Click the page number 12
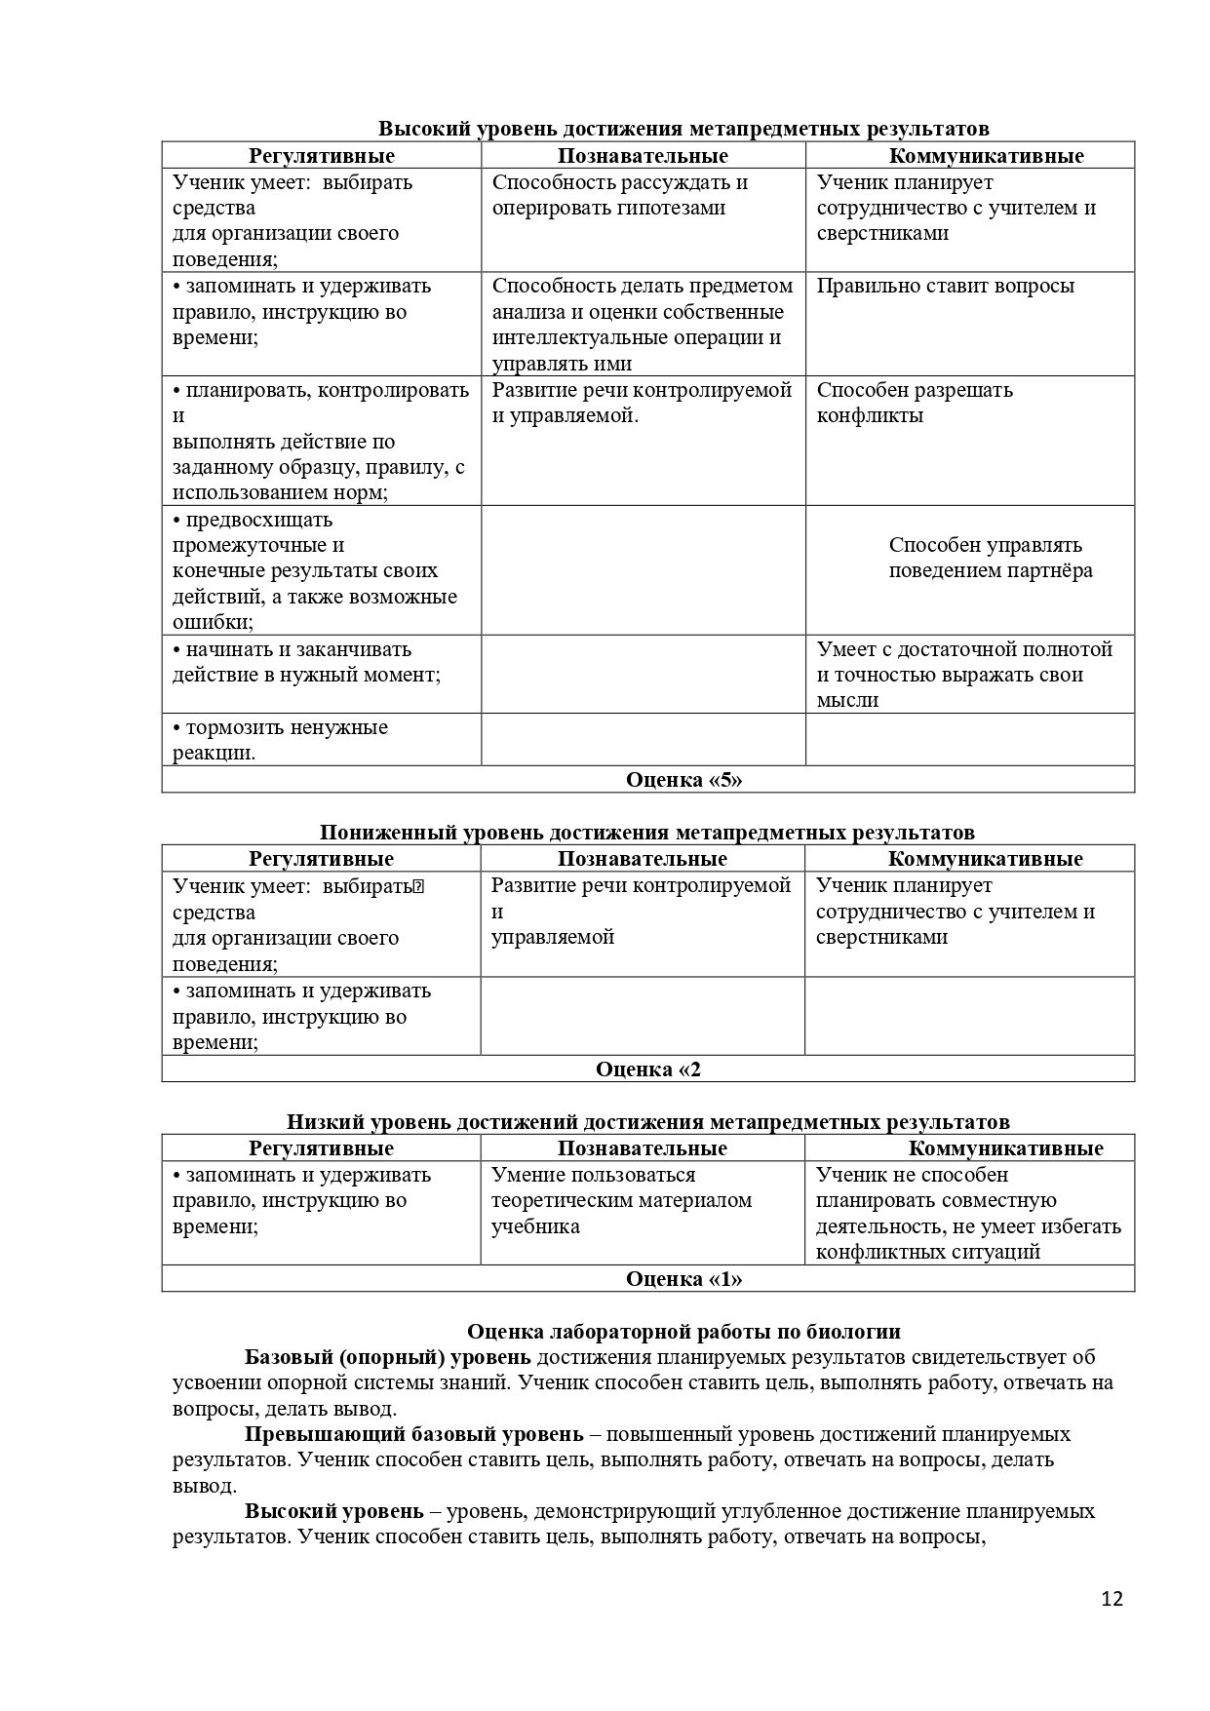1112,1599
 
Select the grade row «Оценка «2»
648,1069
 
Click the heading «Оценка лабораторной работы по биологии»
683,1331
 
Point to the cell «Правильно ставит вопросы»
945,286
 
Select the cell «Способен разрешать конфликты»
914,403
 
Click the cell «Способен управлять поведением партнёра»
990,558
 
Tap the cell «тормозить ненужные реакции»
280,740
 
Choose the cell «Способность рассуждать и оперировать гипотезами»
619,195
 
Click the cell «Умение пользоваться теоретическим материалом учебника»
621,1200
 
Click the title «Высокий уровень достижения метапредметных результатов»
683,129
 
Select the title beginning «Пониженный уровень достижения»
646,832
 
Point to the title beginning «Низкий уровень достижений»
647,1121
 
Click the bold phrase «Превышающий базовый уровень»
413,1434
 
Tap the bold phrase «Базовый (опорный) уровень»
387,1357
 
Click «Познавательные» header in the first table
643,156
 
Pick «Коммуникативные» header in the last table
1005,1147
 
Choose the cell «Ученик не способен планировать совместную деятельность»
967,1213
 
